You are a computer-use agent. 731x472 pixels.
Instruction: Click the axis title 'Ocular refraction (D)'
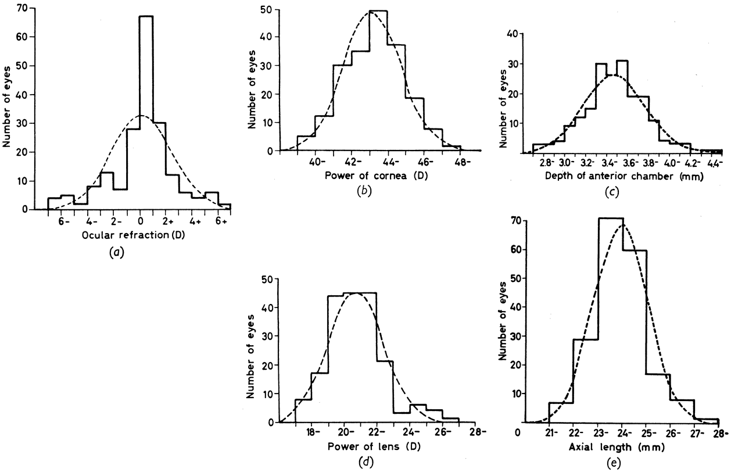point(134,235)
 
